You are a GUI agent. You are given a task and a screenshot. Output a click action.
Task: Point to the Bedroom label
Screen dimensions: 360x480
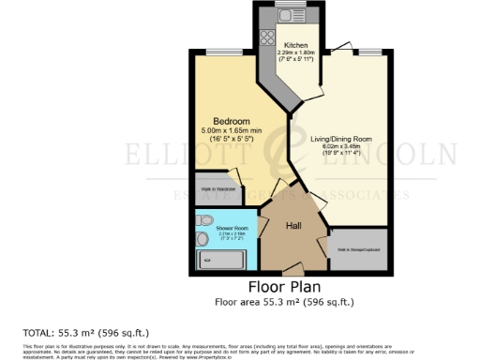(x=230, y=121)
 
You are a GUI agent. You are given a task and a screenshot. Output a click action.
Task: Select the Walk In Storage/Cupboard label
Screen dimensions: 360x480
(x=357, y=249)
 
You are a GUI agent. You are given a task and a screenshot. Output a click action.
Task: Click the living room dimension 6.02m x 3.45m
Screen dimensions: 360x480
(x=340, y=147)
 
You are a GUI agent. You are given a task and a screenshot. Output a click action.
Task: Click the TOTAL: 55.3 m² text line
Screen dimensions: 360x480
(x=85, y=333)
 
